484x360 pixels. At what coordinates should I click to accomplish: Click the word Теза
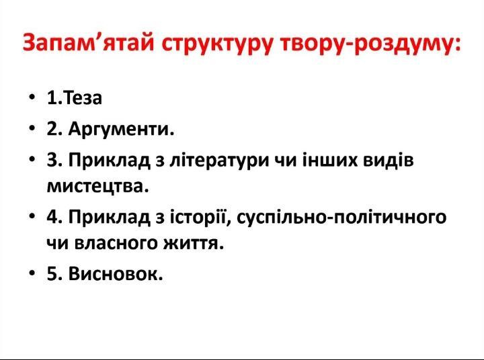click(83, 98)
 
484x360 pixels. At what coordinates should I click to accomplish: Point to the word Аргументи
click(121, 129)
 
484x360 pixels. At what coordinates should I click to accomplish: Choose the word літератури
click(219, 161)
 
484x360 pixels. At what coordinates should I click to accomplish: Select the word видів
click(388, 160)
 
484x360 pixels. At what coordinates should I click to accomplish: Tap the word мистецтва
click(98, 186)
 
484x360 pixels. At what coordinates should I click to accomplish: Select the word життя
click(193, 243)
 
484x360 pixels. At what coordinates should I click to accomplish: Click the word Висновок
click(116, 273)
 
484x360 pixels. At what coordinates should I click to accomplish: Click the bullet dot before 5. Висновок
click(31, 273)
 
